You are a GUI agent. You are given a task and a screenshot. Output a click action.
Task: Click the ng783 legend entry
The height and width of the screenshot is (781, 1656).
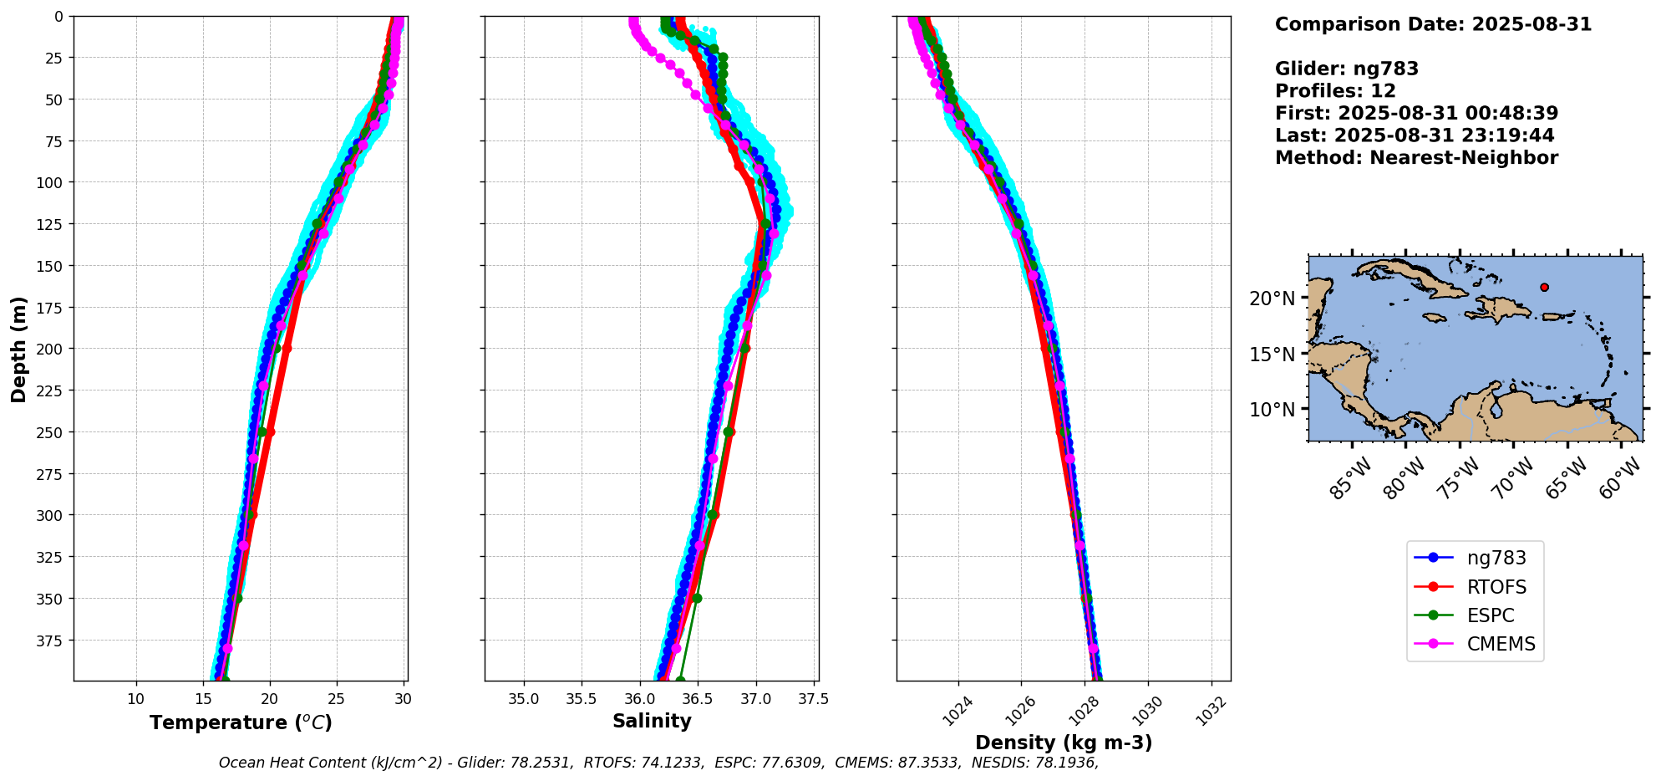coord(1475,558)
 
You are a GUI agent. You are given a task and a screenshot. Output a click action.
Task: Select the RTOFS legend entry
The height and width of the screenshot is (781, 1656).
coord(1475,587)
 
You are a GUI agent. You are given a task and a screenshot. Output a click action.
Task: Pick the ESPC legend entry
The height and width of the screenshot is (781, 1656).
coord(1475,615)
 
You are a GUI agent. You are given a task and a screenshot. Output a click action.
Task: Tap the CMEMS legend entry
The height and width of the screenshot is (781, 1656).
coord(1475,644)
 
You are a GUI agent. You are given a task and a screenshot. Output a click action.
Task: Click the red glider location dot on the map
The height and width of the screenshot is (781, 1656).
coord(1544,287)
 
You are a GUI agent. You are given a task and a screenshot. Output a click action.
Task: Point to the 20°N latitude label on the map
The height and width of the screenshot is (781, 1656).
coord(1272,299)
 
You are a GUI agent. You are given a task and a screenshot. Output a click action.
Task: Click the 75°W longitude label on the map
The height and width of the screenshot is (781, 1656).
coord(1459,480)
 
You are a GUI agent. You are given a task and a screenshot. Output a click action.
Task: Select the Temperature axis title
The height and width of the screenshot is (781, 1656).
coord(241,722)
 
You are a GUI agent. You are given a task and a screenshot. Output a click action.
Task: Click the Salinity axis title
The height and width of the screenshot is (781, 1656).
coord(652,721)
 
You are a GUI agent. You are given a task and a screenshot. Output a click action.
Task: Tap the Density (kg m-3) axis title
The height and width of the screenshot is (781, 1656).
coord(1064,743)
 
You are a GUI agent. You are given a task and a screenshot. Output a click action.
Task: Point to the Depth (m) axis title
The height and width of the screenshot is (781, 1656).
coord(18,349)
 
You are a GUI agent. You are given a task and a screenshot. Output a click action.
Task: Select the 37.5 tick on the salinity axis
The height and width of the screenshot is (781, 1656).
coord(815,699)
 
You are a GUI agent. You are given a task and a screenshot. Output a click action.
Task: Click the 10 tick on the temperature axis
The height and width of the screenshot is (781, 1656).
coord(136,699)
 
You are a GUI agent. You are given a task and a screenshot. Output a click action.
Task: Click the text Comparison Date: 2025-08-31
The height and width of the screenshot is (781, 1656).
coord(1433,24)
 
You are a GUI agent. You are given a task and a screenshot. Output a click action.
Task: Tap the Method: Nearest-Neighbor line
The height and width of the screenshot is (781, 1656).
coord(1416,158)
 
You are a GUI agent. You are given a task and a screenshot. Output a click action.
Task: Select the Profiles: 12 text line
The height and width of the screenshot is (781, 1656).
coord(1335,91)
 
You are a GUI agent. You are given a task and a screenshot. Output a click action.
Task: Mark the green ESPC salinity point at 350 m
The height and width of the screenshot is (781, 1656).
coord(697,598)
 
